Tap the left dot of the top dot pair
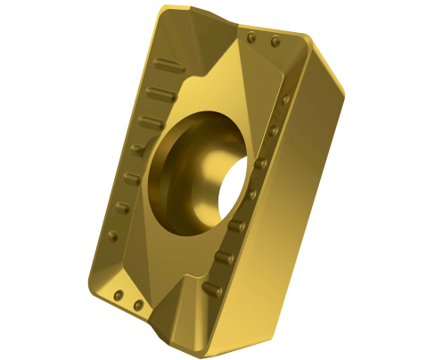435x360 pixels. click(x=253, y=38)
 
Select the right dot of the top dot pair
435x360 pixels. click(x=275, y=42)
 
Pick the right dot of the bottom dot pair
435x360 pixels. click(x=137, y=306)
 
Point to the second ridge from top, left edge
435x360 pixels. click(x=157, y=92)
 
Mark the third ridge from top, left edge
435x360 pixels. click(x=151, y=119)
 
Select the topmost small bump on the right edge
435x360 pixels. click(x=287, y=100)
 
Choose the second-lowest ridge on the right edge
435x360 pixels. click(x=224, y=258)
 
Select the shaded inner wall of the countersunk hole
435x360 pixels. click(x=178, y=169)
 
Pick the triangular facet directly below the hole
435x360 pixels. click(x=178, y=267)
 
